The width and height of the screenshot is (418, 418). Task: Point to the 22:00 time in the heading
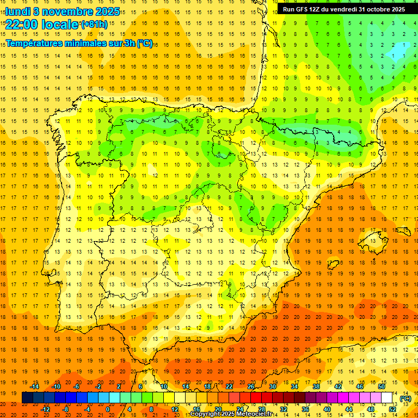(21, 24)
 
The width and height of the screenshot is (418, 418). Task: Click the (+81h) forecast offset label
(94, 24)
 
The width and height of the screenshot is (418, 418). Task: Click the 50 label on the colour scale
(382, 386)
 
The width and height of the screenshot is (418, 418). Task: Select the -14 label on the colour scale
(35, 386)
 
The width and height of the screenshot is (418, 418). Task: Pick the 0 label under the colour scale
(108, 409)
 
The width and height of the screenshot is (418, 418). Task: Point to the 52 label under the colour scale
(392, 409)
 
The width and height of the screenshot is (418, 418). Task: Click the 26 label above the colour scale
(251, 386)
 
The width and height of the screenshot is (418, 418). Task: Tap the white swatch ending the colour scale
(387, 398)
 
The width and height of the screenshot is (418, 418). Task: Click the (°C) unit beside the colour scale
(405, 398)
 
